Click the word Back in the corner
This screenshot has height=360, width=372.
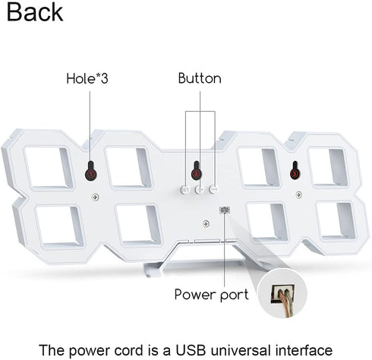coord(35,12)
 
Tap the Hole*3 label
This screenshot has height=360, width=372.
coord(87,78)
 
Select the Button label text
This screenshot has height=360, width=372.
coord(200,78)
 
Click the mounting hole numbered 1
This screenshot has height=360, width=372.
coord(91,171)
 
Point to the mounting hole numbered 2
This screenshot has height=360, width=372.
coord(197,170)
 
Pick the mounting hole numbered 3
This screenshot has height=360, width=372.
coord(295,170)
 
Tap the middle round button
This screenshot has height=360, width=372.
coord(200,189)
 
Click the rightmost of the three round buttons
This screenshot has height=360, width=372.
coord(214,189)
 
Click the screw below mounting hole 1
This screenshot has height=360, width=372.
coord(96,197)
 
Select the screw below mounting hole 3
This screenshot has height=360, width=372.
coord(299,194)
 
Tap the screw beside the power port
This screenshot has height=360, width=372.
coord(206,224)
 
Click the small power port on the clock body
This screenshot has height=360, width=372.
coord(225,210)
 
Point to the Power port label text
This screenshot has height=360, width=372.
coord(212,295)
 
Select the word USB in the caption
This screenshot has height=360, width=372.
coord(191,350)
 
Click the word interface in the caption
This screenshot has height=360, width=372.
coord(304,350)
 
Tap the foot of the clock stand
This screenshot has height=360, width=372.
coord(154,270)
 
